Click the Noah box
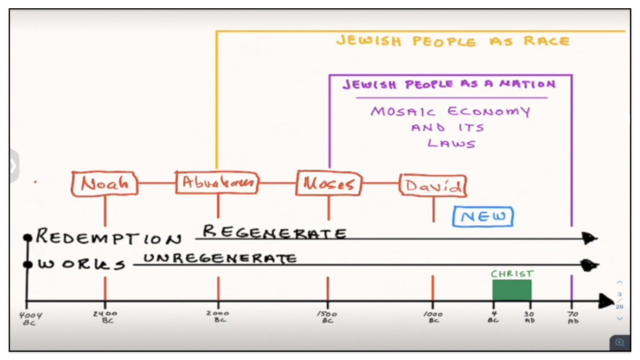point(105,183)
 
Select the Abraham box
point(217,182)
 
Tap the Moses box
point(329,183)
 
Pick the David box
point(433,185)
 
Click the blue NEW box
point(483,217)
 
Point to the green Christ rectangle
point(512,290)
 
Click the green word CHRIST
point(512,274)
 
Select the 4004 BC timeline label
point(30,318)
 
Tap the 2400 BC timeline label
point(105,317)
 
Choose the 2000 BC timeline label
point(218,316)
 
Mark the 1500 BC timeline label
point(327,317)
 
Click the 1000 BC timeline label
point(433,317)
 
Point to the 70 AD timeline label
point(573,317)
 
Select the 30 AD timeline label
point(529,317)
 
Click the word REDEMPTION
point(109,237)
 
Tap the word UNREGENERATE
point(220,258)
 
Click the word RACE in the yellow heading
point(547,41)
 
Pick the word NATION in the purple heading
point(527,84)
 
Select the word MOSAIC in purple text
point(403,111)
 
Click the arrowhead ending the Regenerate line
point(590,238)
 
